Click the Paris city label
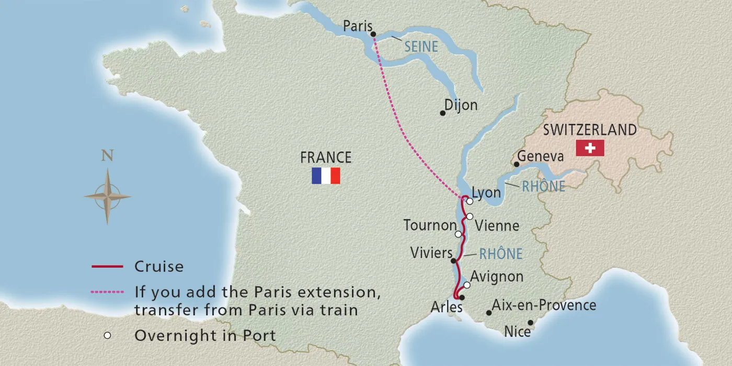[x=358, y=26]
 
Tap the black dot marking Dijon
[x=442, y=113]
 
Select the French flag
[x=326, y=176]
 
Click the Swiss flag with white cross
[x=590, y=148]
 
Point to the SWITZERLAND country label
[x=590, y=130]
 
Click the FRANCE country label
[x=326, y=157]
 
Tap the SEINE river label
[x=421, y=47]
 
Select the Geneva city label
[x=540, y=156]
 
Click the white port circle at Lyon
[x=470, y=201]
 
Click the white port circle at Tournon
[x=458, y=234]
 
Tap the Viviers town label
[x=431, y=254]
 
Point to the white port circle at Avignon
[x=467, y=285]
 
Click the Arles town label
[x=446, y=307]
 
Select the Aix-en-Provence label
[x=544, y=305]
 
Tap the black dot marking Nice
[x=530, y=323]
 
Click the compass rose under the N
[x=107, y=197]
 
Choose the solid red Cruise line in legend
[x=107, y=267]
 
